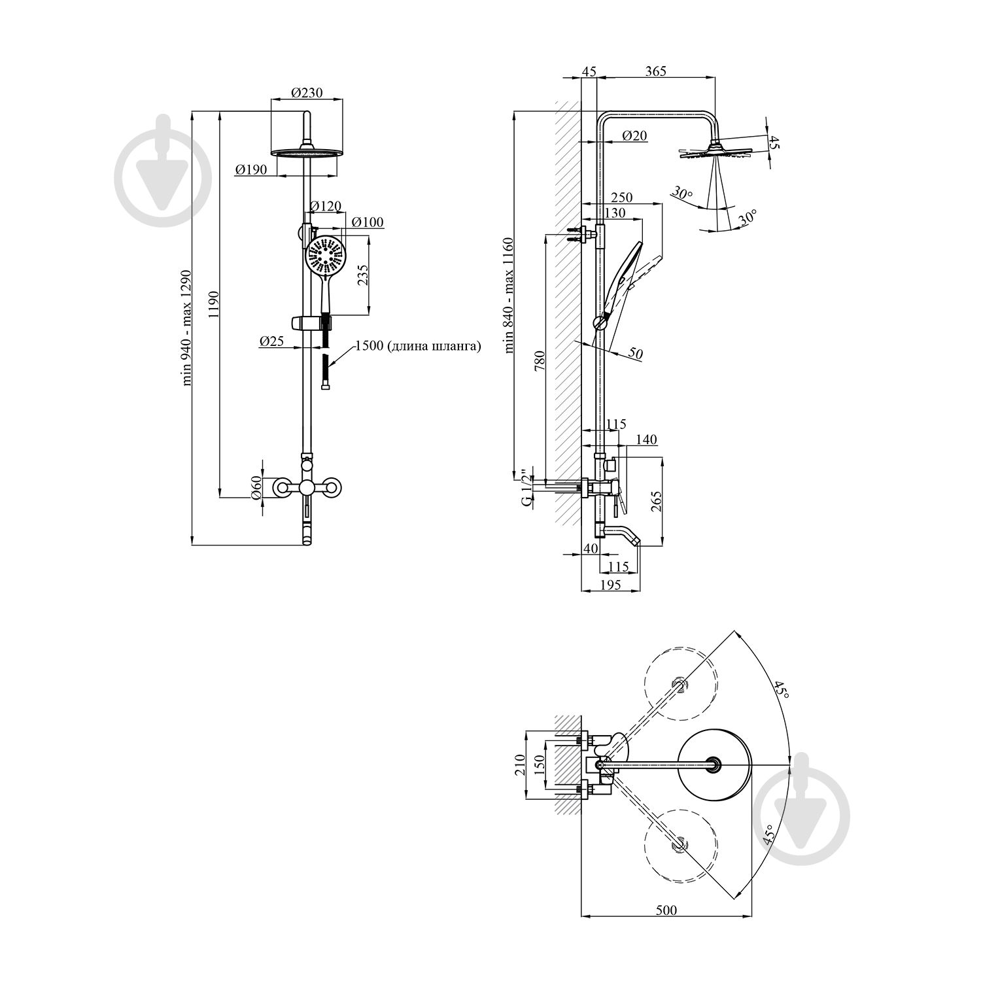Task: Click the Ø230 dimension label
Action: click(307, 93)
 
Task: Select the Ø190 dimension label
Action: click(251, 169)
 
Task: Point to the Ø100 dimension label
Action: click(368, 222)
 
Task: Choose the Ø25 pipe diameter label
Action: click(272, 341)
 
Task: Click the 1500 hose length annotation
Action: click(418, 346)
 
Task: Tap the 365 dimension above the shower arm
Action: click(655, 71)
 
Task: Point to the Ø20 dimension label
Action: click(634, 135)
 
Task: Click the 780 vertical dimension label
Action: click(540, 361)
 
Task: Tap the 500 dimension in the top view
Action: click(666, 910)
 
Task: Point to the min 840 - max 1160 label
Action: click(510, 296)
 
